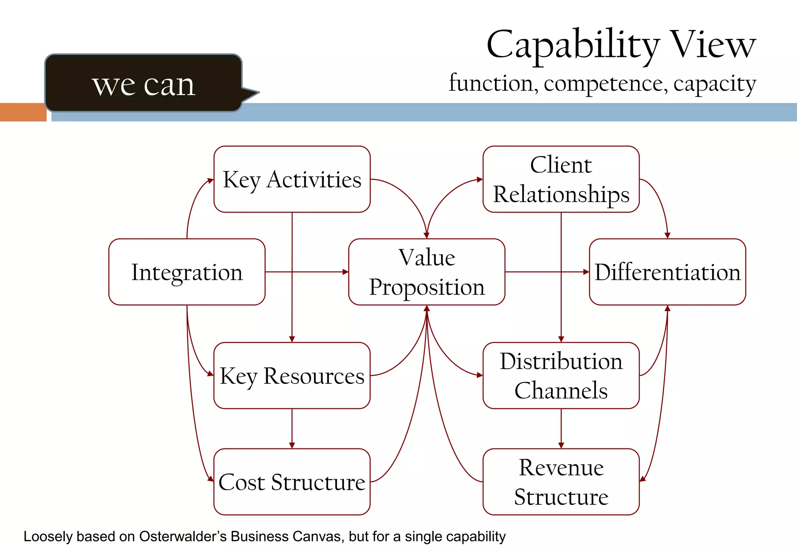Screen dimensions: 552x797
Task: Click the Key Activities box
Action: (x=292, y=179)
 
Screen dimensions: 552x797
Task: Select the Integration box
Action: (x=187, y=272)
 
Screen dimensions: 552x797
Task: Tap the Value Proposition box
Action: (x=427, y=272)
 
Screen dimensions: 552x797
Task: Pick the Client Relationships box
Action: (x=561, y=179)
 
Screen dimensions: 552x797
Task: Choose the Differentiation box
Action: (x=667, y=272)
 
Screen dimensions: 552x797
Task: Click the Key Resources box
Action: (x=292, y=375)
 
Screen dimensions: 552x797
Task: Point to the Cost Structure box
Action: (x=292, y=482)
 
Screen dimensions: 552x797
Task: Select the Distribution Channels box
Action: (x=561, y=375)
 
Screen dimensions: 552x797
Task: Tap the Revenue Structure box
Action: (x=561, y=482)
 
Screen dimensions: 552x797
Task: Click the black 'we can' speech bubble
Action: (x=144, y=83)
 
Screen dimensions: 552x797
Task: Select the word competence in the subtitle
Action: (x=606, y=83)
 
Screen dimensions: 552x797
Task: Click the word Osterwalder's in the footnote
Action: (x=183, y=536)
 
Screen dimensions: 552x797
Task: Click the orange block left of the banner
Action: (x=23, y=112)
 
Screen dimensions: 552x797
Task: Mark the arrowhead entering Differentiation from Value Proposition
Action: (x=586, y=272)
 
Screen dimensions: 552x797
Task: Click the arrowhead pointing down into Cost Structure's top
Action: (x=292, y=445)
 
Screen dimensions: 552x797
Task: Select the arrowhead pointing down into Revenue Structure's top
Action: (x=561, y=445)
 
